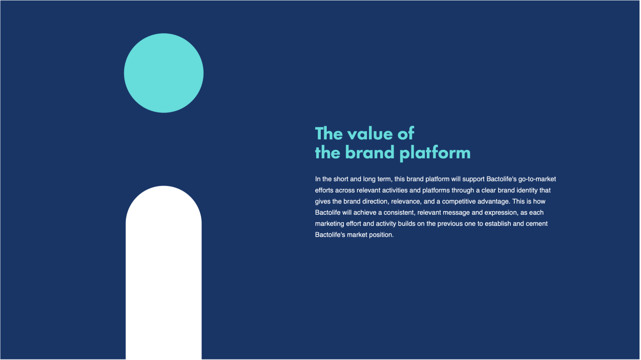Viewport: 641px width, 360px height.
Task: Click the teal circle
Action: (164, 73)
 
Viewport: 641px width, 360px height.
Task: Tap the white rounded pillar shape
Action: (164, 273)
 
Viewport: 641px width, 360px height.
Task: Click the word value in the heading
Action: (371, 134)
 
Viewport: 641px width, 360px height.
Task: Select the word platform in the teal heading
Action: (435, 152)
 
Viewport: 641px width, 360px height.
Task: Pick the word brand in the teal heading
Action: (370, 152)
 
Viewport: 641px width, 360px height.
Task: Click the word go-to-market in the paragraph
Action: (537, 179)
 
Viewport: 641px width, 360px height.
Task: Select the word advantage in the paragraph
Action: (494, 202)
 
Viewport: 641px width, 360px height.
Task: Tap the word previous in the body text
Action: (450, 224)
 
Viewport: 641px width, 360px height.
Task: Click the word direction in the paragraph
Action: (376, 202)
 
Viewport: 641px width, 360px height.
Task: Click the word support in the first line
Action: (473, 179)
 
